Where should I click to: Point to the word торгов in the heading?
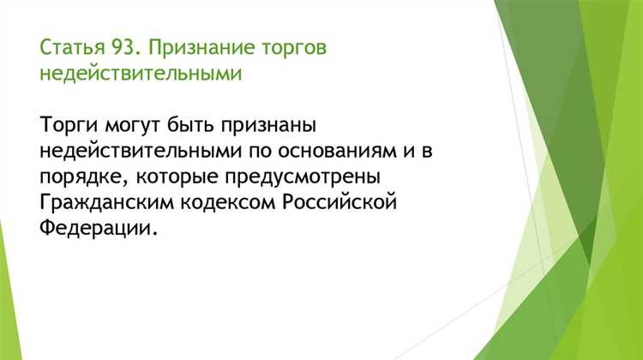pos(288,47)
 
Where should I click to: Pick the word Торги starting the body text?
pos(68,127)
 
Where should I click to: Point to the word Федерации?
pos(99,230)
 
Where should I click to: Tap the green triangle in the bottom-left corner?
pos(7,326)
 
